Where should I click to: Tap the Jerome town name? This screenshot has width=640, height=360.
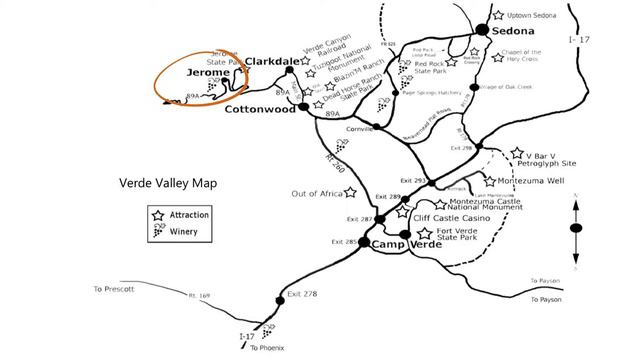click(x=208, y=73)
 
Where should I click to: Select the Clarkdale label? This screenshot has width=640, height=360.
click(x=272, y=60)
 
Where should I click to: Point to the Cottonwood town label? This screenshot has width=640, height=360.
click(x=260, y=110)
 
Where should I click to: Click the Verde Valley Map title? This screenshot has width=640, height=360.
click(x=168, y=183)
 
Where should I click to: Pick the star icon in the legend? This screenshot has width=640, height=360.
click(x=157, y=215)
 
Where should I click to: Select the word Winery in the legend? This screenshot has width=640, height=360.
click(x=190, y=232)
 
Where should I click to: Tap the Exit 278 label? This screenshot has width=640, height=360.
click(x=302, y=294)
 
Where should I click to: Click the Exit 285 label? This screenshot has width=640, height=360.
click(x=344, y=242)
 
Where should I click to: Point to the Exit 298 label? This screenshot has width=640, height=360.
click(x=461, y=147)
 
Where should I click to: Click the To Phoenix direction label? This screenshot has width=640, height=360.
click(x=268, y=347)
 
